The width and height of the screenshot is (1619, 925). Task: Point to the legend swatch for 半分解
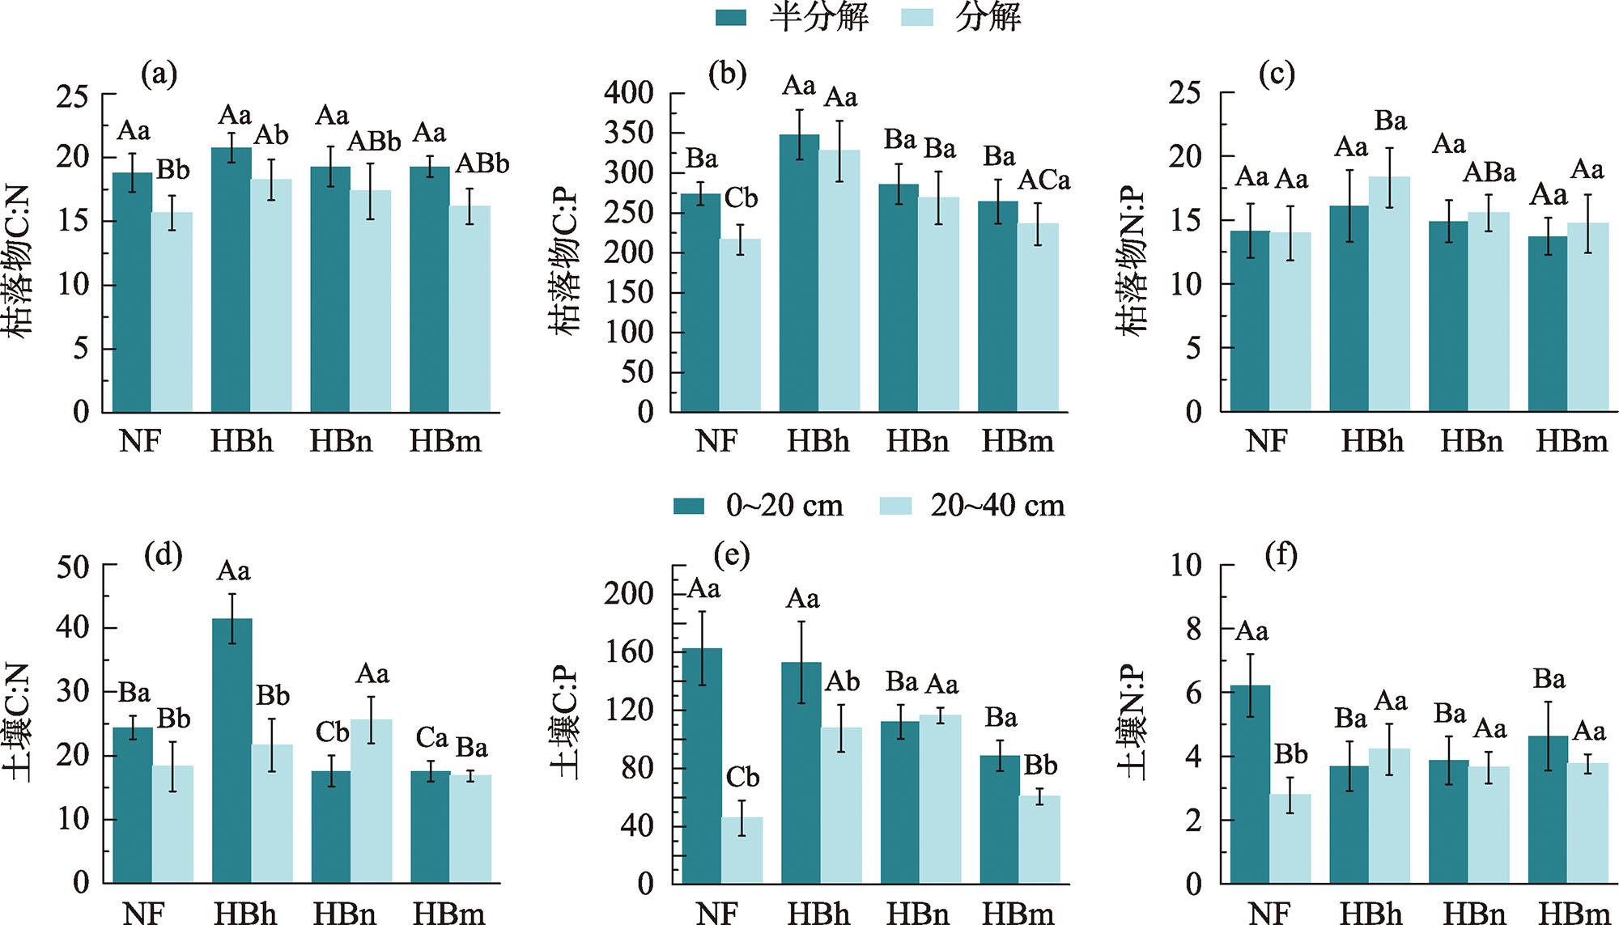[x=731, y=17]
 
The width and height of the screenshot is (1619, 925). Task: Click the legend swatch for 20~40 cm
[x=895, y=506]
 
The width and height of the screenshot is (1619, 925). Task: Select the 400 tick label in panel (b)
[x=628, y=93]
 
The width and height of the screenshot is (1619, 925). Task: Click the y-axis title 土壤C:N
[x=19, y=723]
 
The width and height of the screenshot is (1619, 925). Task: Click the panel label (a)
[x=159, y=74]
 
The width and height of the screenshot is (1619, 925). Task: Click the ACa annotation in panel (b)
[x=1043, y=180]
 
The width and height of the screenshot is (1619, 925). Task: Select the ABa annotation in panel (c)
[x=1489, y=172]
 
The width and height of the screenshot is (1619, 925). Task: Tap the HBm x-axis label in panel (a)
[x=445, y=442]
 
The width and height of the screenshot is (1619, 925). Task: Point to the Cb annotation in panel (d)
[x=332, y=732]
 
